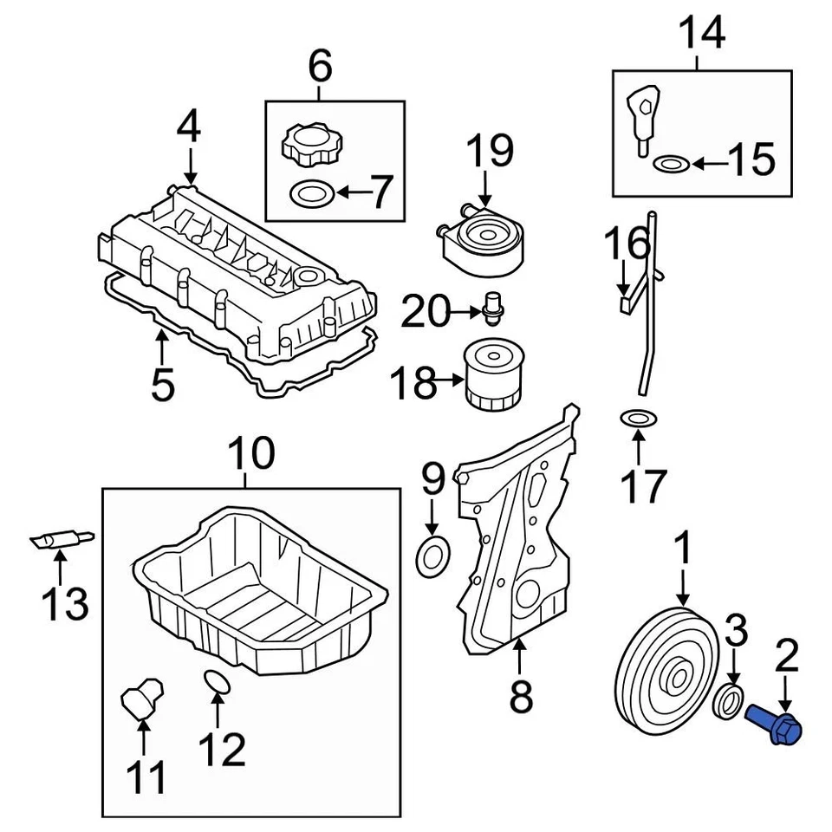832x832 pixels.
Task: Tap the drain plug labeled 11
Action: point(140,698)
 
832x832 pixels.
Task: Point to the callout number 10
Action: point(251,453)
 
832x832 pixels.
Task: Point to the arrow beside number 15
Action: point(708,162)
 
